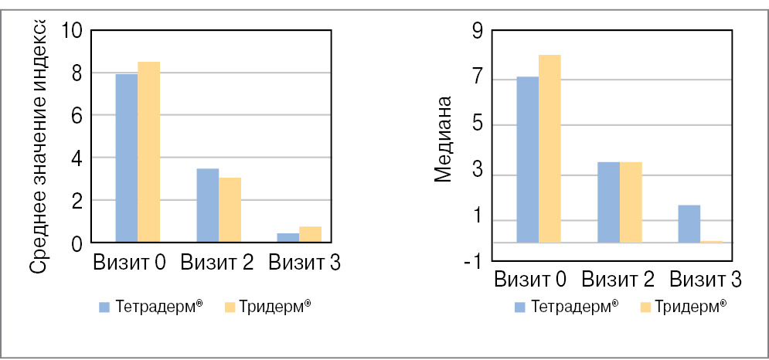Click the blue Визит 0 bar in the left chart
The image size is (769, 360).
tap(126, 158)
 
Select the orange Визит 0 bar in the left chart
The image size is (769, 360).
tap(148, 152)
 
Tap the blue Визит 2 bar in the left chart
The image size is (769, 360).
tap(207, 205)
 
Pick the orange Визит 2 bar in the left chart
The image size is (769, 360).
tap(230, 210)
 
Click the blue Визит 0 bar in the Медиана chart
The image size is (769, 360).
tap(527, 160)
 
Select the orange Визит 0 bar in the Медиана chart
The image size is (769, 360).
tap(550, 149)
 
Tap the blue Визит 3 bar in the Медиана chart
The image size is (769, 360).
tap(689, 224)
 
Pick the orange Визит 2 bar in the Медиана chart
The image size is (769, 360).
tap(631, 202)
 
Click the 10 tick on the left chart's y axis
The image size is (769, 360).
tap(71, 31)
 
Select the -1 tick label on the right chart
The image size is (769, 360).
tap(472, 262)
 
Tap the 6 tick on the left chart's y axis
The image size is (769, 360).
tap(76, 116)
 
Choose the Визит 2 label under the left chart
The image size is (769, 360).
tap(217, 263)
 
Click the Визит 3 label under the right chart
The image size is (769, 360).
tap(706, 279)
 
